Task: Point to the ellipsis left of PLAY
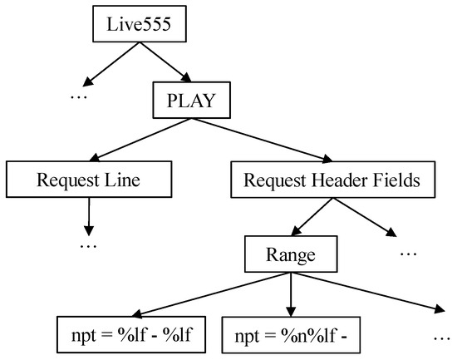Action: (x=78, y=98)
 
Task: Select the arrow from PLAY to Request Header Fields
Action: (x=266, y=139)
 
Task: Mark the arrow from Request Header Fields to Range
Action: (x=308, y=215)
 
